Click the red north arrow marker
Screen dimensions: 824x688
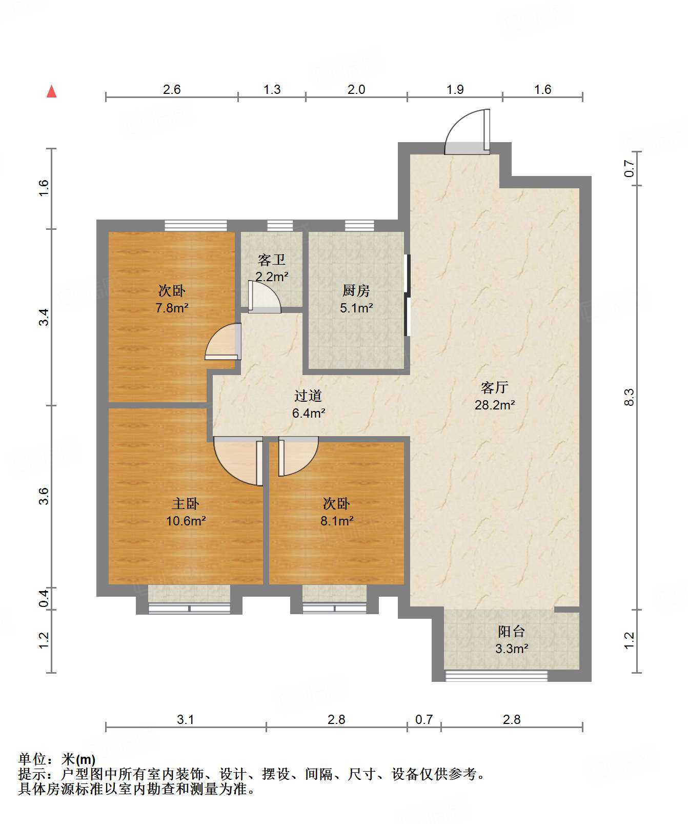[51, 91]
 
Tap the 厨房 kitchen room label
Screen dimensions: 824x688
[356, 291]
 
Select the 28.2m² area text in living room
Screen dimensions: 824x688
[494, 405]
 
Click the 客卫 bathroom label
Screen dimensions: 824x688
[271, 260]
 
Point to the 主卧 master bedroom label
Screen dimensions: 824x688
[185, 503]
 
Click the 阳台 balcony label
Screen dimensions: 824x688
[511, 632]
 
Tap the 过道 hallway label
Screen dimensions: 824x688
[308, 396]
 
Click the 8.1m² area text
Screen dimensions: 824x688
[337, 521]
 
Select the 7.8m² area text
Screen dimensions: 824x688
[172, 308]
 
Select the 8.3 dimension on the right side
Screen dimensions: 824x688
[629, 397]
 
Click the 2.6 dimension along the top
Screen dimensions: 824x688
[172, 90]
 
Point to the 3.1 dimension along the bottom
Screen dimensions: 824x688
[185, 720]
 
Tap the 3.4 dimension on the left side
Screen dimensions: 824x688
[44, 317]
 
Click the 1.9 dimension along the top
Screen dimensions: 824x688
[455, 90]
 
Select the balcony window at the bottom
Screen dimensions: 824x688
[496, 676]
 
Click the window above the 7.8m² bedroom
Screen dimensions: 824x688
[195, 225]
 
